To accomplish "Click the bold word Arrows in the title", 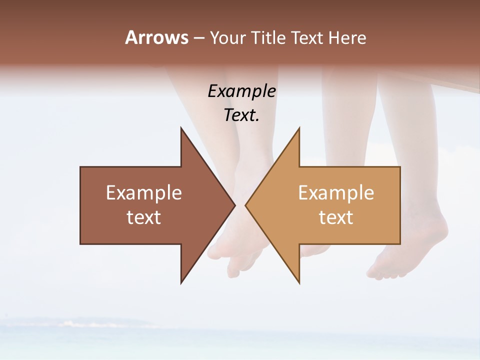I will pyautogui.click(x=156, y=37).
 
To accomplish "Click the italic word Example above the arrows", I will pyautogui.click(x=242, y=91).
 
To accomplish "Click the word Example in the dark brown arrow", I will pyautogui.click(x=144, y=193).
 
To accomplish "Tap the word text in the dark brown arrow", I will pyautogui.click(x=144, y=217).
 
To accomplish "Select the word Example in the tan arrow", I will pyautogui.click(x=336, y=193).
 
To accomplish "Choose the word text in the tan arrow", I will pyautogui.click(x=336, y=217).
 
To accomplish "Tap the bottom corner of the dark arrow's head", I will pyautogui.click(x=181, y=282).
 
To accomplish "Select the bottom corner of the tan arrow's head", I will pyautogui.click(x=299, y=282).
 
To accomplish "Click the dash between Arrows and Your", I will pyautogui.click(x=198, y=38).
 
